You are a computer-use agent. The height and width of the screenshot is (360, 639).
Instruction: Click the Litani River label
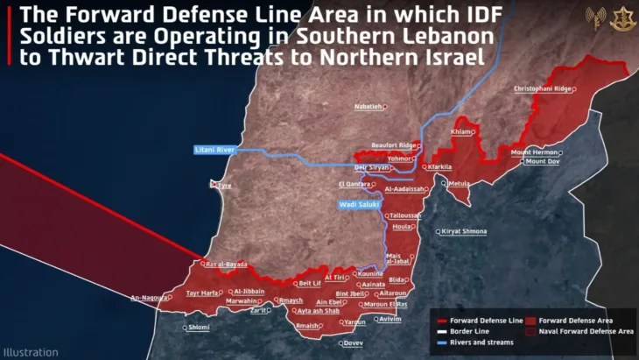pyautogui.click(x=215, y=151)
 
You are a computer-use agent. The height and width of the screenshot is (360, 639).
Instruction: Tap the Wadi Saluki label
pyautogui.click(x=360, y=205)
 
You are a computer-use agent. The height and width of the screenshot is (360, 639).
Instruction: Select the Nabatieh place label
pyautogui.click(x=369, y=106)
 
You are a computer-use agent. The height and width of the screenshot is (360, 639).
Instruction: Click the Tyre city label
pyautogui.click(x=224, y=186)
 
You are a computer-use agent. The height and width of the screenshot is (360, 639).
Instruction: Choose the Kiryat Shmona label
pyautogui.click(x=466, y=231)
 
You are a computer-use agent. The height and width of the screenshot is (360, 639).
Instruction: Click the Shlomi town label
pyautogui.click(x=199, y=328)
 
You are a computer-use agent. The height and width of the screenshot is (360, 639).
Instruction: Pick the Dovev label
pyautogui.click(x=353, y=343)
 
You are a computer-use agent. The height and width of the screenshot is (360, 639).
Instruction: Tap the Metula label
pyautogui.click(x=460, y=184)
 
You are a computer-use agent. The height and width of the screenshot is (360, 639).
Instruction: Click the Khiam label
pyautogui.click(x=460, y=131)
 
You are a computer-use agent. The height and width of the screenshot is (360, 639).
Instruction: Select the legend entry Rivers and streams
pyautogui.click(x=482, y=342)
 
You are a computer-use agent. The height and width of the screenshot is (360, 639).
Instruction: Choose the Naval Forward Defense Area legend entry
pyautogui.click(x=586, y=332)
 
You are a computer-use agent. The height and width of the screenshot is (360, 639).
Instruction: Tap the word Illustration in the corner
pyautogui.click(x=30, y=352)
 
